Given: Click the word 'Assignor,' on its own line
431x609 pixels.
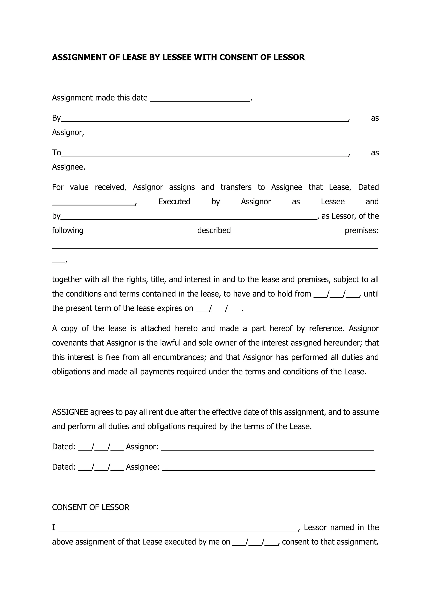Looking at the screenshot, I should [68, 132].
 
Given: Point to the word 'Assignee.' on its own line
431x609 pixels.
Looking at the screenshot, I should [68, 167].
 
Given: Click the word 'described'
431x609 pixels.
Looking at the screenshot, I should [214, 230].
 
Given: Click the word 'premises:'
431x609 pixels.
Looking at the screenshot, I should [362, 230].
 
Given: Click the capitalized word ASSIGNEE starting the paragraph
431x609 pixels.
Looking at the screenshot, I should [70, 412].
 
